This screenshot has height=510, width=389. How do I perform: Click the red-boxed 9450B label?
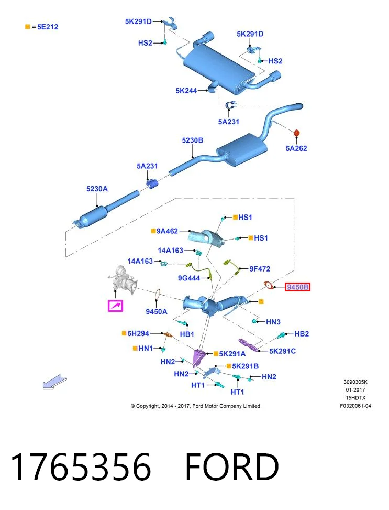pos(297,287)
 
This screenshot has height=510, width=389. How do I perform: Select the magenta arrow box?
pos(115,306)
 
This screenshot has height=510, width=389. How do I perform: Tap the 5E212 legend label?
pos(48,27)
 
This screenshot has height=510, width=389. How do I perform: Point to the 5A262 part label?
pos(296,148)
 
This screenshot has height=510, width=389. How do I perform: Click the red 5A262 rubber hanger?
pos(296,133)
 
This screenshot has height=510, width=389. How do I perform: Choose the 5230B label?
pos(192,140)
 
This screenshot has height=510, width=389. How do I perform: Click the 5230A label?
pos(97,189)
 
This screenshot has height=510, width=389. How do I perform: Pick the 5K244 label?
pos(186,91)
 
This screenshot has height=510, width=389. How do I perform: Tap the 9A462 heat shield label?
pos(167,231)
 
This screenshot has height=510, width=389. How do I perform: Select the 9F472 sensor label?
pos(260,269)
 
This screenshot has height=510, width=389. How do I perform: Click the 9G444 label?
pos(189,278)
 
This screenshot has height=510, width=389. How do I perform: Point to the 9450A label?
pos(157,311)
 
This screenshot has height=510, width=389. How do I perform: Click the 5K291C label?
pos(282,351)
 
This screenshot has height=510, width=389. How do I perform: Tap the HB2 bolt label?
pos(302,334)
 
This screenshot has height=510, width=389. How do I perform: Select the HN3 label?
pos(273,322)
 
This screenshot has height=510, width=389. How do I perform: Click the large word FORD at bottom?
pos(232,468)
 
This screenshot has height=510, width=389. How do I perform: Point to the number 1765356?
pos(81,468)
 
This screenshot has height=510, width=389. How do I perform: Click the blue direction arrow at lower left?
pos(54,382)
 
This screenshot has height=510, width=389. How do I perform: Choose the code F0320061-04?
pos(355,406)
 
